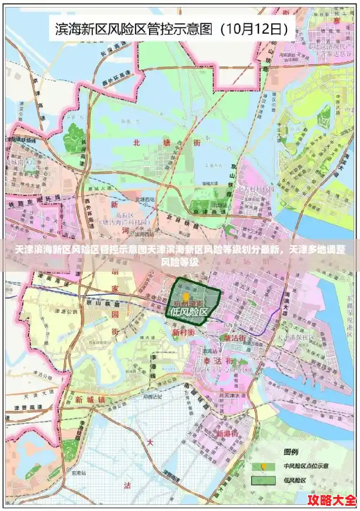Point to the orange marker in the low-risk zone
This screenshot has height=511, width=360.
(186, 296)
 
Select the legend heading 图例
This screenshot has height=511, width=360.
(290, 452)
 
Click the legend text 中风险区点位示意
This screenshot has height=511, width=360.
(306, 466)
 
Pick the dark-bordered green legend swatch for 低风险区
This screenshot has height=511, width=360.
(263, 480)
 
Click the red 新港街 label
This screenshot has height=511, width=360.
(226, 434)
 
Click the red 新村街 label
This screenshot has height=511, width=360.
(183, 332)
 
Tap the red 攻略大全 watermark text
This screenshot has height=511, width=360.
(332, 500)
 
